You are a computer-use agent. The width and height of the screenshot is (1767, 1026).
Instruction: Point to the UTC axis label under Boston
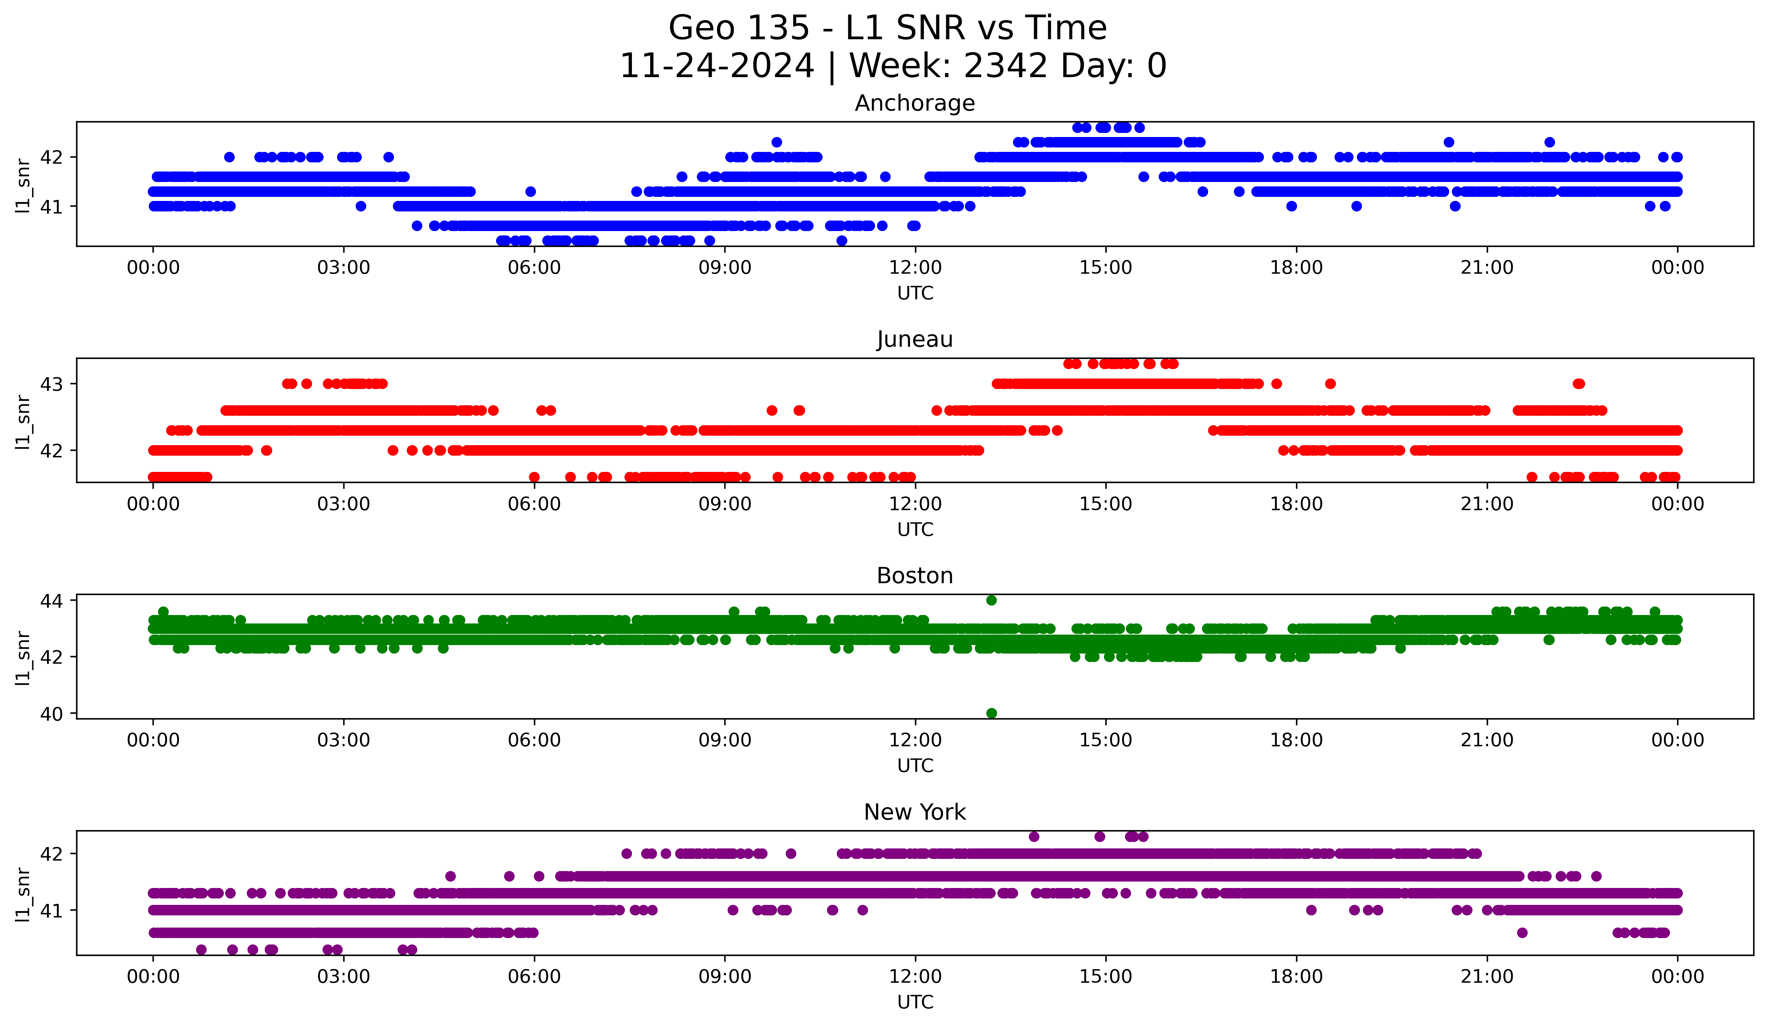pyautogui.click(x=915, y=766)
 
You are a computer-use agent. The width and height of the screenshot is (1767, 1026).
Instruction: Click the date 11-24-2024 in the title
pyautogui.click(x=716, y=66)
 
